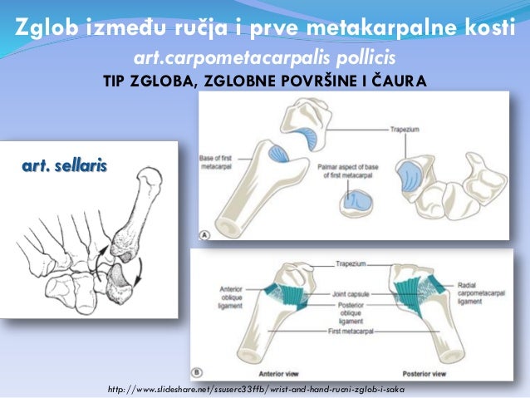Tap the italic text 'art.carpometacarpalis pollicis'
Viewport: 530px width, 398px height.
[x=265, y=59]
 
